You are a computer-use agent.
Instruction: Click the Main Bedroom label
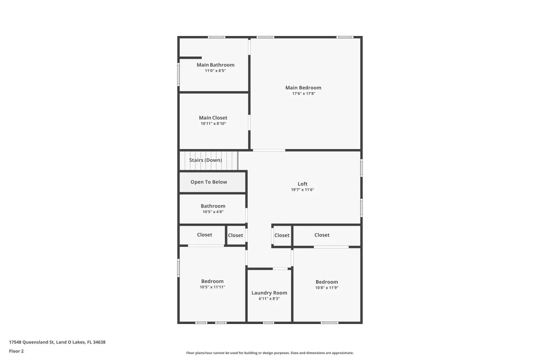(x=303, y=87)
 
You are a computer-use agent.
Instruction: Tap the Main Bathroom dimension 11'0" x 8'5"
(x=215, y=71)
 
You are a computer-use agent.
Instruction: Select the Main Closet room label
(x=213, y=118)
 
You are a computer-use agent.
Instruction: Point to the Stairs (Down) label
(x=206, y=160)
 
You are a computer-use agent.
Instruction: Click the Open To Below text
(x=209, y=182)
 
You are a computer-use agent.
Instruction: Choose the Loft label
(x=302, y=184)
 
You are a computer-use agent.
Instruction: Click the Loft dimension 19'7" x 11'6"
(x=302, y=190)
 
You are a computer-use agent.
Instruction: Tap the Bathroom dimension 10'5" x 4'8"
(x=213, y=212)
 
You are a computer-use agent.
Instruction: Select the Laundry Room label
(x=269, y=293)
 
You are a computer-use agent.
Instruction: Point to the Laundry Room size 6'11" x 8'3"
(x=269, y=299)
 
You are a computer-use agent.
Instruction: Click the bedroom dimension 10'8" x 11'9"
(x=327, y=288)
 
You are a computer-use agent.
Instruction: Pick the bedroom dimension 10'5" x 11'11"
(x=212, y=287)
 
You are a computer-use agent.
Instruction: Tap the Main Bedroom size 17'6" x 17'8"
(x=303, y=94)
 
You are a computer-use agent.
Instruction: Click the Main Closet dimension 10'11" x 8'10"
(x=213, y=124)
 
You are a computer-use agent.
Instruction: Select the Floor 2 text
(x=16, y=351)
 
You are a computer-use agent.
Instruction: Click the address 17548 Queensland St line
(x=57, y=342)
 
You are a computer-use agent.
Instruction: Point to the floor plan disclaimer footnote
(x=270, y=353)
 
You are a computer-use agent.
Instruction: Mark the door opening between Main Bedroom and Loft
(x=269, y=150)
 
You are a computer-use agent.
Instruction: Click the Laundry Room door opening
(x=280, y=269)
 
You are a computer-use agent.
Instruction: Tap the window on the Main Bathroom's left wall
(x=179, y=75)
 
